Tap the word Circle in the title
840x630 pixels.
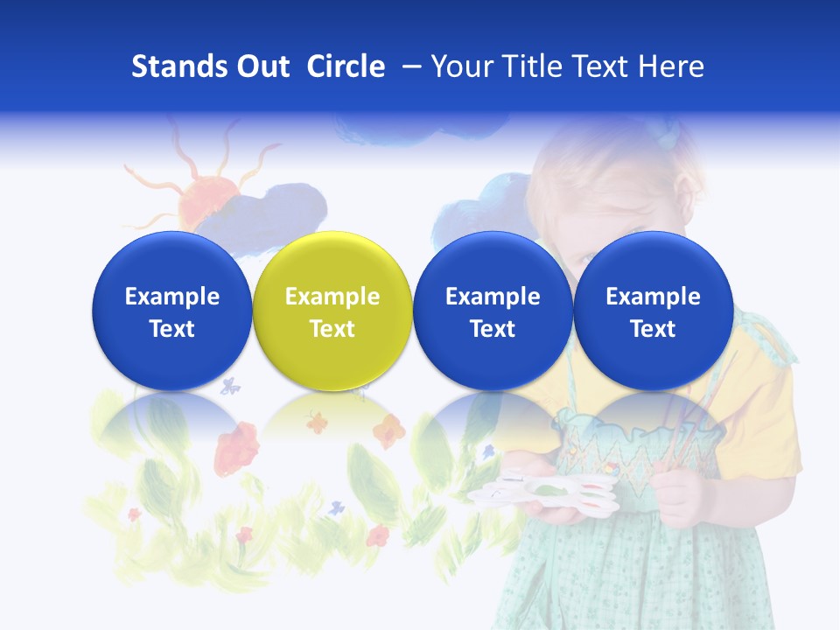click(x=346, y=66)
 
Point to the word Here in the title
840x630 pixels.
click(x=673, y=66)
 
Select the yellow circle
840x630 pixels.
click(x=332, y=310)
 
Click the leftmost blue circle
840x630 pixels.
click(x=172, y=310)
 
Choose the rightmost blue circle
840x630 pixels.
click(x=653, y=310)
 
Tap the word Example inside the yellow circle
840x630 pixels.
click(x=332, y=297)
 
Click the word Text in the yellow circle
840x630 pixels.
click(x=332, y=329)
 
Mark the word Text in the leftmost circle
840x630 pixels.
click(x=172, y=329)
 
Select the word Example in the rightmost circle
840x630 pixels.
click(x=653, y=297)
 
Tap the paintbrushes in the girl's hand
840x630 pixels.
click(x=700, y=420)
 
